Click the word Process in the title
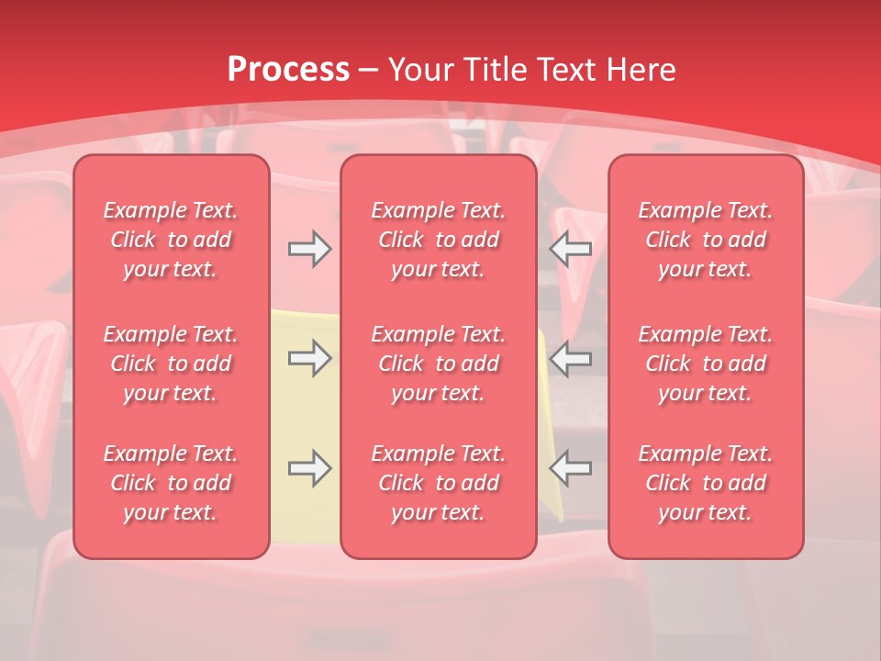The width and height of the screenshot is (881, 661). click(x=288, y=70)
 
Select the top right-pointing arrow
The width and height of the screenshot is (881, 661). click(x=309, y=249)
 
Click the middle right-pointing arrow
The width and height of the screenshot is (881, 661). click(x=309, y=359)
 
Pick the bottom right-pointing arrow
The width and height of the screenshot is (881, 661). click(x=309, y=468)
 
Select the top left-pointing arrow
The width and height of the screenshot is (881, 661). click(x=571, y=249)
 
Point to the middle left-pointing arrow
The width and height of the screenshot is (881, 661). click(x=571, y=359)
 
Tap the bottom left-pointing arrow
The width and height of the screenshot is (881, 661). click(x=571, y=468)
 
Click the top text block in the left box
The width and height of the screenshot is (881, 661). click(x=171, y=240)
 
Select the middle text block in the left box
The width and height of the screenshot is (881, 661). click(x=171, y=364)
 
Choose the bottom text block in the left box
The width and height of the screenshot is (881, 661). click(x=171, y=483)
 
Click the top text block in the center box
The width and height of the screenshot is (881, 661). click(x=439, y=240)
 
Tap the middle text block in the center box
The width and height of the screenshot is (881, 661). click(x=439, y=364)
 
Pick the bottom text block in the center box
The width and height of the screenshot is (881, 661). click(x=439, y=483)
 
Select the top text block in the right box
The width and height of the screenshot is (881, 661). click(x=706, y=240)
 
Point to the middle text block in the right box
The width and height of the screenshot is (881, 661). click(x=706, y=364)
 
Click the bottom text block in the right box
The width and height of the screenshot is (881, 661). click(x=706, y=483)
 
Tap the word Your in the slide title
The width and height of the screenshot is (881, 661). click(x=418, y=70)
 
